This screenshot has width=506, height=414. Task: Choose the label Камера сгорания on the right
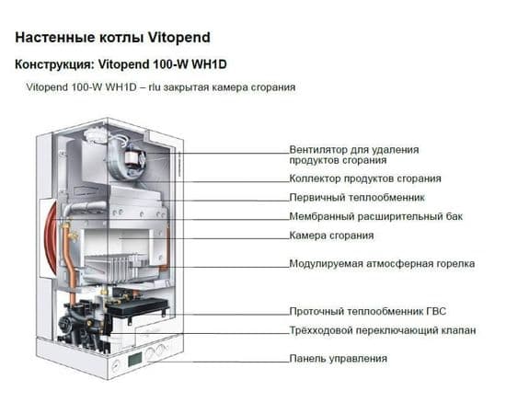tap(328, 236)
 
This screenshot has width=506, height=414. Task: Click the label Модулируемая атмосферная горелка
tap(382, 263)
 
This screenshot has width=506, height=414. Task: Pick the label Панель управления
tap(338, 358)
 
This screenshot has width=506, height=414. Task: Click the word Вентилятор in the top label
tap(317, 149)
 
